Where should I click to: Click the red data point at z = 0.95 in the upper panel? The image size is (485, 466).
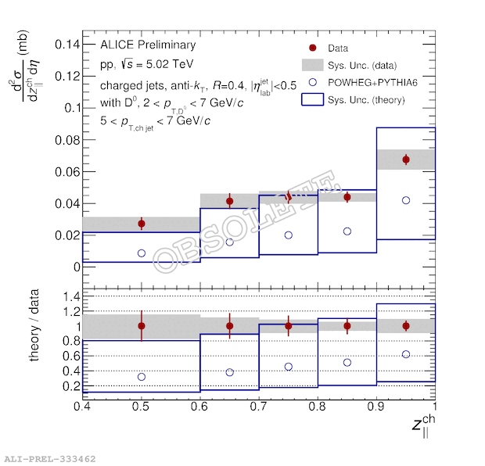(x=406, y=160)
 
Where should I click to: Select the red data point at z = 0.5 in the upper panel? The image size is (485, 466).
(x=142, y=224)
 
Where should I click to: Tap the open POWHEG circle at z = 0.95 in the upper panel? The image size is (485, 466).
(x=406, y=200)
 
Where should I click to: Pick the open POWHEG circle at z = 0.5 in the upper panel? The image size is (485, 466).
(x=142, y=253)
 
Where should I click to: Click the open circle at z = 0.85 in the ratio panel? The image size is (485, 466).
(x=347, y=362)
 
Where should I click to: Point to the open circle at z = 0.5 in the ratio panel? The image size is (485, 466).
(x=142, y=377)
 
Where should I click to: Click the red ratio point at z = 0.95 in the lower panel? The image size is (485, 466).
(x=406, y=325)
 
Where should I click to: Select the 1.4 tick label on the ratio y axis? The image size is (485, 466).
(x=66, y=296)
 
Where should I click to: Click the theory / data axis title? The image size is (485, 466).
(x=35, y=332)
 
